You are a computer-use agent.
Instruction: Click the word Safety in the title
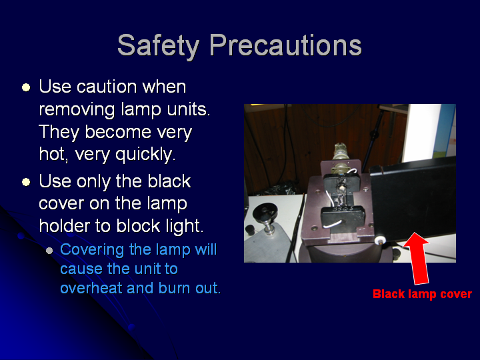(x=159, y=46)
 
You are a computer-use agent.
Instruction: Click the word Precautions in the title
(x=285, y=45)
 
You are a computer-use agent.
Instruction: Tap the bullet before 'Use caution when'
(x=26, y=87)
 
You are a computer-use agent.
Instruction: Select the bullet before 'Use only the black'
(x=26, y=182)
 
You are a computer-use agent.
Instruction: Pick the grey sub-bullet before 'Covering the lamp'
(x=49, y=251)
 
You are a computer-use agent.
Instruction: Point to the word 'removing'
(x=77, y=110)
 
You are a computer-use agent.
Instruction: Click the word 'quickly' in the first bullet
(x=145, y=155)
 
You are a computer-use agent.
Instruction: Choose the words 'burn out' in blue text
(x=189, y=288)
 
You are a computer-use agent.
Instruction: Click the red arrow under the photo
(x=417, y=258)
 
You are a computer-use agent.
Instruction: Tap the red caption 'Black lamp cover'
(x=422, y=294)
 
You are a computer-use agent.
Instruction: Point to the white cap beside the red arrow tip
(x=380, y=240)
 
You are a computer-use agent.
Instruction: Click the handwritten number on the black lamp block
(x=343, y=209)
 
